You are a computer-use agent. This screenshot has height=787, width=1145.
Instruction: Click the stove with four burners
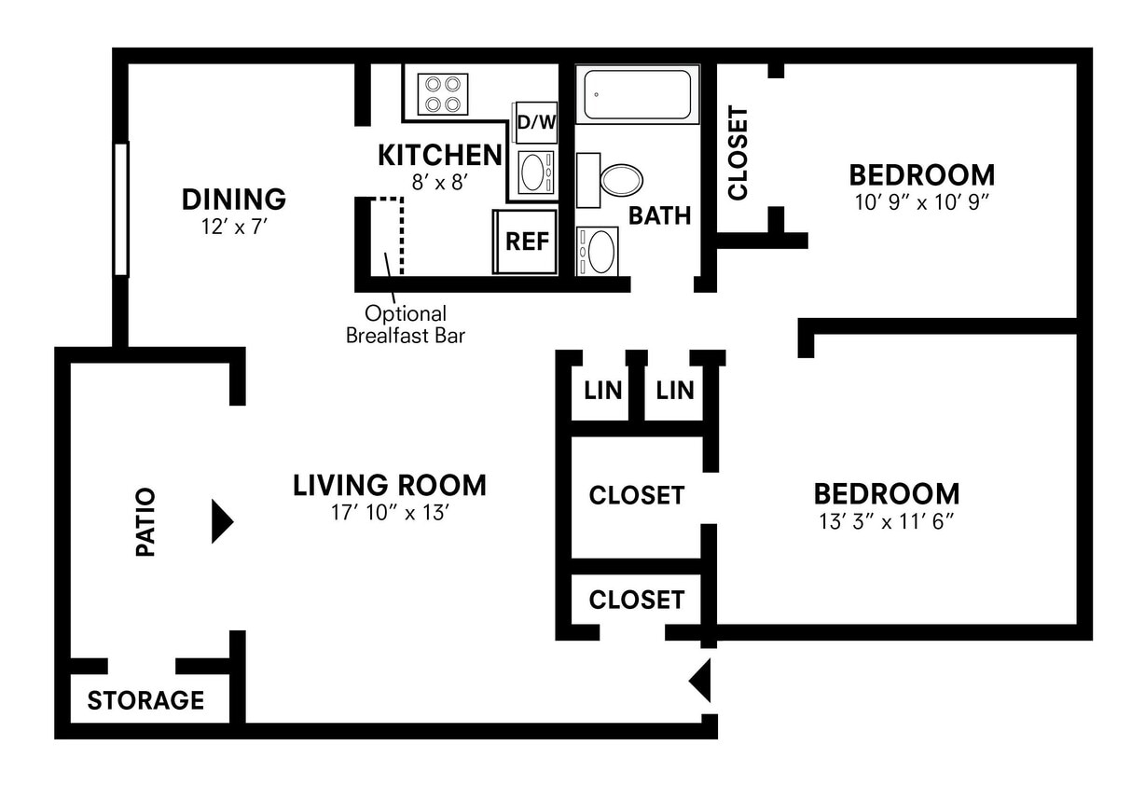click(x=443, y=94)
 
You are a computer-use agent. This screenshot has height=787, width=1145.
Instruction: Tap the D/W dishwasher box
click(x=536, y=123)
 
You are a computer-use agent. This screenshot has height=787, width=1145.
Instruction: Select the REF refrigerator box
click(x=526, y=242)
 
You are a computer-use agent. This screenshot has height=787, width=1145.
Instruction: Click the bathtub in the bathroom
click(x=638, y=94)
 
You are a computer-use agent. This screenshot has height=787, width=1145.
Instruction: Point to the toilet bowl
click(x=621, y=180)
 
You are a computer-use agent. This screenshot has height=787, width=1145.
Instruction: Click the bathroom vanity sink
click(x=598, y=252)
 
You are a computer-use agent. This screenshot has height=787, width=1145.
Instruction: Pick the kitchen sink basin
click(x=536, y=173)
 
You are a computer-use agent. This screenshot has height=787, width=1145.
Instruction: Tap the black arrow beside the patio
click(x=222, y=521)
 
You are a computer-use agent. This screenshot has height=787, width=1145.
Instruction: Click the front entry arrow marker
click(x=700, y=681)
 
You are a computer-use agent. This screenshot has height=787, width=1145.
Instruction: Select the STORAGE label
click(x=145, y=700)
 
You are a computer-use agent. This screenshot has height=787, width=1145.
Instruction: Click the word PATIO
click(x=145, y=522)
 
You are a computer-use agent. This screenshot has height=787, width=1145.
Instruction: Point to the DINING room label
click(x=234, y=200)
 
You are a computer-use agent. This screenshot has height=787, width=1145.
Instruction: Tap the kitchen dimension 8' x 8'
click(x=440, y=182)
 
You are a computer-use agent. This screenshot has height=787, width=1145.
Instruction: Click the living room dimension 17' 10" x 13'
click(x=390, y=513)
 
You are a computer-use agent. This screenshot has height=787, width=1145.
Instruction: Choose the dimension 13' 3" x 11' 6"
click(x=887, y=522)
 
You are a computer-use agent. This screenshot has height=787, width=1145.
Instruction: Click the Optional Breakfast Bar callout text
click(x=406, y=324)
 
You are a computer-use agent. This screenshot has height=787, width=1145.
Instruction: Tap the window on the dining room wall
click(x=120, y=210)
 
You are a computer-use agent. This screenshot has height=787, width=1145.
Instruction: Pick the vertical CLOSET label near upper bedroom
click(x=738, y=153)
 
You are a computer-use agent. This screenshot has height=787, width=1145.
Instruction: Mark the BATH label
click(x=659, y=215)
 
